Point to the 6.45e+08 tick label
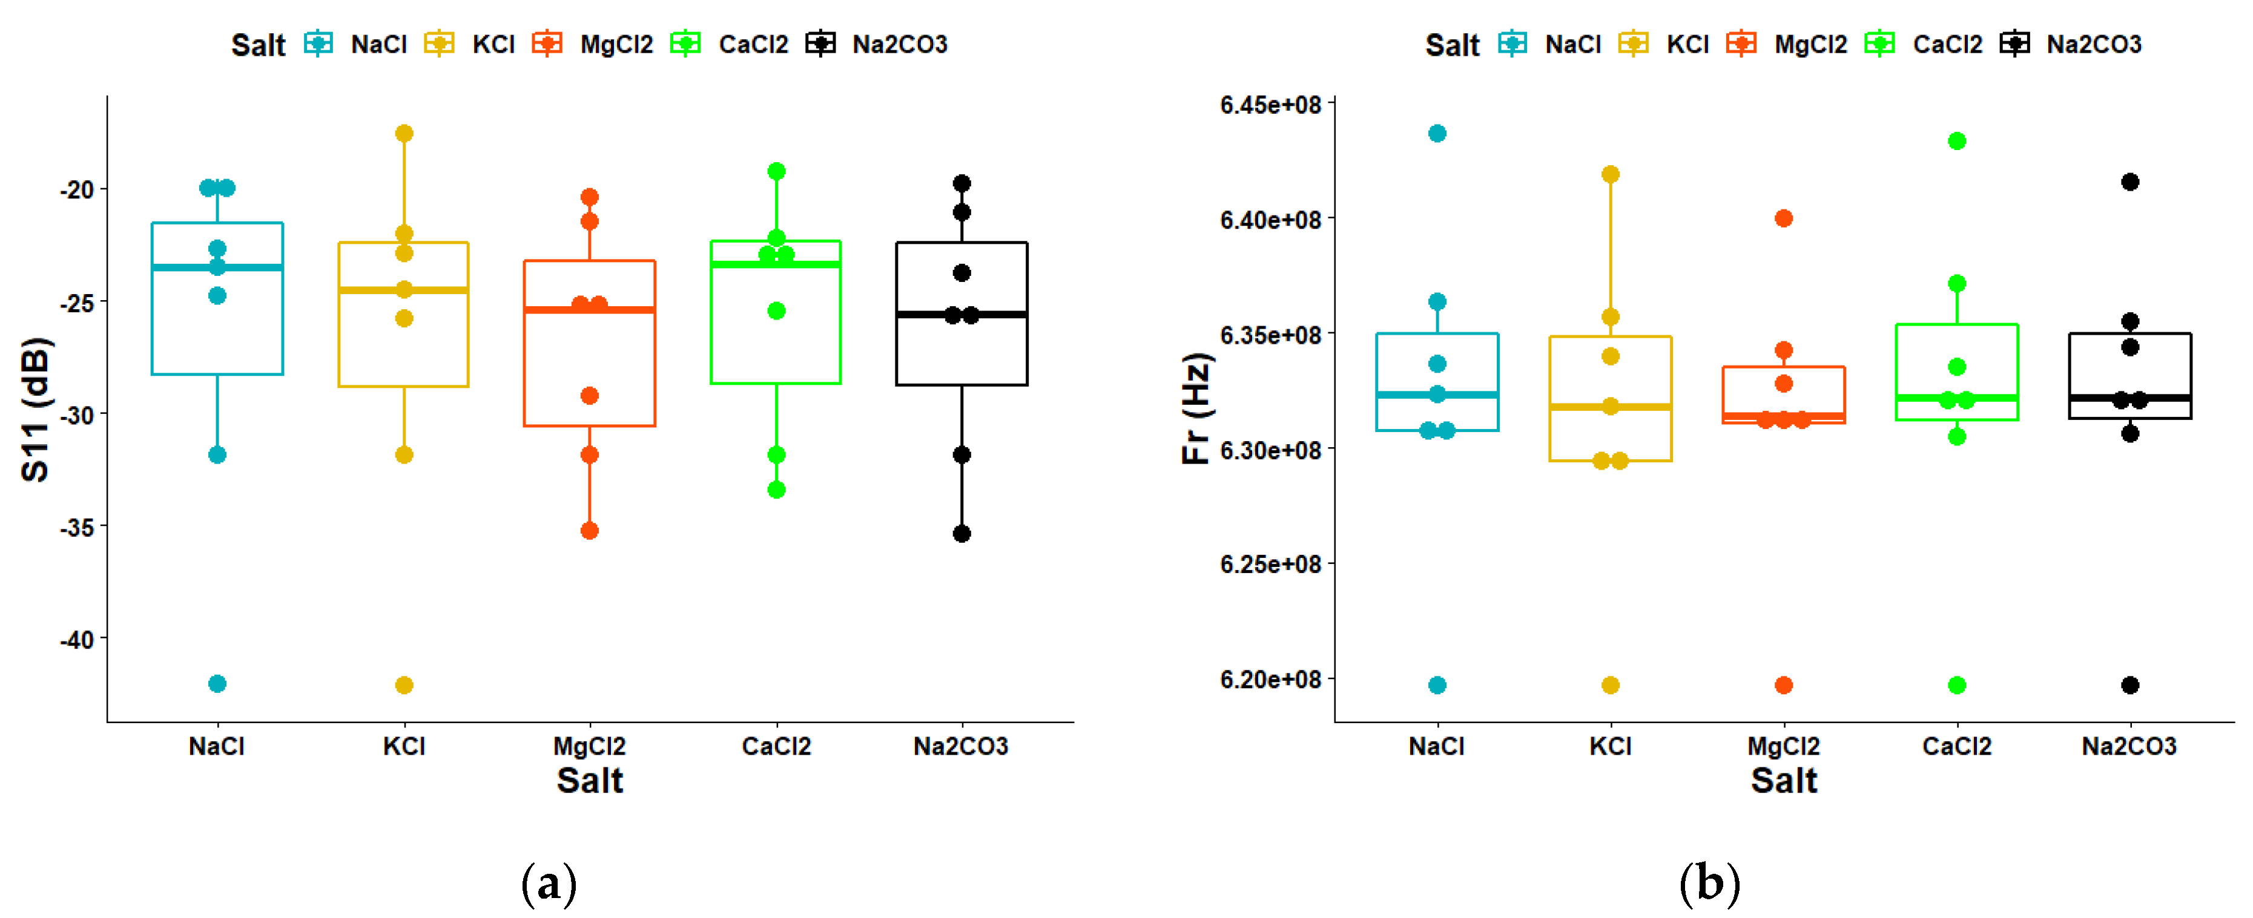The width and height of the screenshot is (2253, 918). pos(1270,105)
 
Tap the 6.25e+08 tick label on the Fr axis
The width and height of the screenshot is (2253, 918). pos(1270,565)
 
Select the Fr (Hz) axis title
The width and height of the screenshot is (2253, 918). pos(1196,408)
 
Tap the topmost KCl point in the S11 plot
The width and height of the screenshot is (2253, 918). pos(404,134)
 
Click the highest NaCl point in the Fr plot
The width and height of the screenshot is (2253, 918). pos(1437,134)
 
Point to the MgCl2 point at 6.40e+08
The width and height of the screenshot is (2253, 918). pos(1783,218)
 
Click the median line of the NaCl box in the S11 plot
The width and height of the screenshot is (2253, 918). pos(217,267)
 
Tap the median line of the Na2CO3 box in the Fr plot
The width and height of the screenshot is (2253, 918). pos(2129,398)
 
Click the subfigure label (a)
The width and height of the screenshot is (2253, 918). pos(549,885)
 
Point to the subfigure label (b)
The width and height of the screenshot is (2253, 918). pos(1710,885)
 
